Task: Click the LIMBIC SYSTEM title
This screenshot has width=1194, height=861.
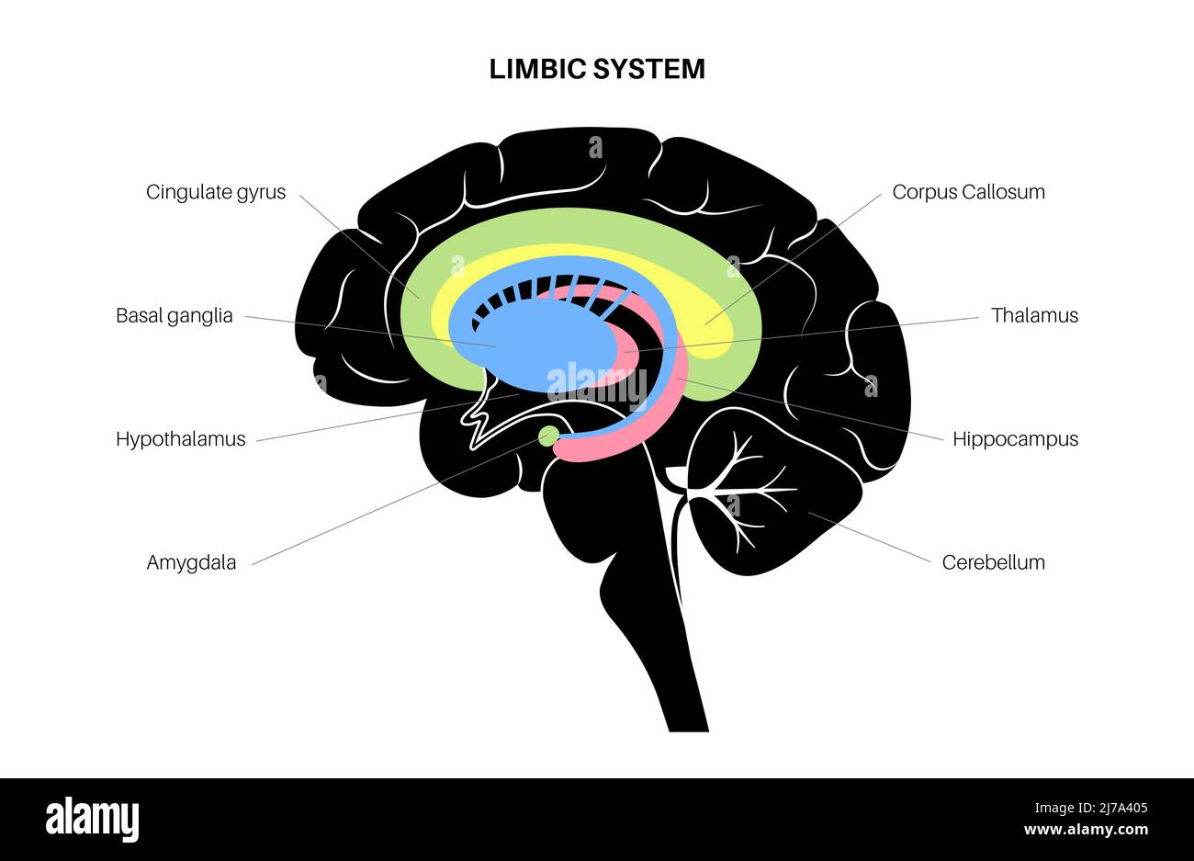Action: click(597, 69)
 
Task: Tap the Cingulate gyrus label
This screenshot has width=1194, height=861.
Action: click(216, 192)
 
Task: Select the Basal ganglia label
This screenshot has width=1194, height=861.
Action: click(175, 315)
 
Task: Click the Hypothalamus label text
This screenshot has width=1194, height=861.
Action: click(181, 438)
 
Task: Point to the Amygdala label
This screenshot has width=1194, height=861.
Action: click(191, 562)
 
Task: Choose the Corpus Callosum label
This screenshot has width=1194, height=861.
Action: click(968, 192)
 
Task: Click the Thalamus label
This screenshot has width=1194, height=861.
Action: click(1034, 315)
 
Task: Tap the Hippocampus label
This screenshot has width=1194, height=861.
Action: click(1015, 438)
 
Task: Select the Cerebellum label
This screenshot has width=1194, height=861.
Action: click(993, 562)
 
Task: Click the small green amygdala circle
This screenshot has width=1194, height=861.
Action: click(548, 436)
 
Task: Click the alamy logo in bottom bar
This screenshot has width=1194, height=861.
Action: click(93, 818)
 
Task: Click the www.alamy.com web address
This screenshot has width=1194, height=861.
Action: click(1086, 830)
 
